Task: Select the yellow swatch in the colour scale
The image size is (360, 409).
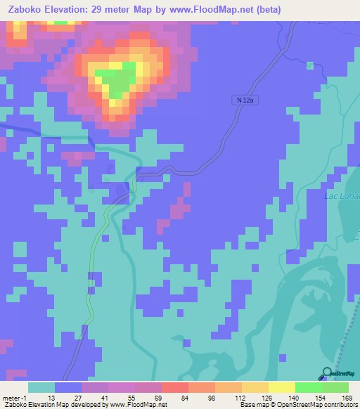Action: tap(282, 387)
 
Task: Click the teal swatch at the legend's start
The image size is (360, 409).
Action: tap(41, 387)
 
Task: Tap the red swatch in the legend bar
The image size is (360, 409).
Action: tap(175, 387)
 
